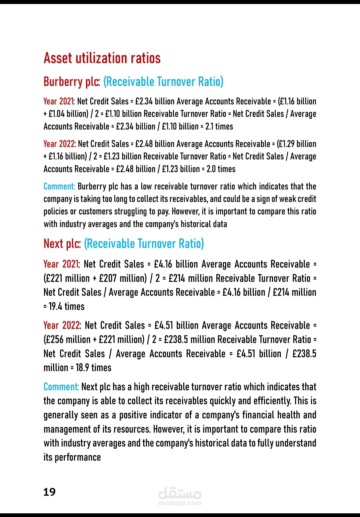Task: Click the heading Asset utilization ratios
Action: point(102,58)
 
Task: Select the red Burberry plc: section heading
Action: point(72,82)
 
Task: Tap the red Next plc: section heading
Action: point(62,244)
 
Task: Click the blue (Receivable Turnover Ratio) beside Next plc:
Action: point(144,244)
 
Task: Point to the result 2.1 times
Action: point(220,127)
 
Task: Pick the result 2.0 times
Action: point(221,169)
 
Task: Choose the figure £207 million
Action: point(123,279)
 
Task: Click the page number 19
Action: point(49,492)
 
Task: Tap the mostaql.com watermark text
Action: point(180,503)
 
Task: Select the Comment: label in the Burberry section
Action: point(59,186)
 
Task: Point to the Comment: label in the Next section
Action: point(61,387)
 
